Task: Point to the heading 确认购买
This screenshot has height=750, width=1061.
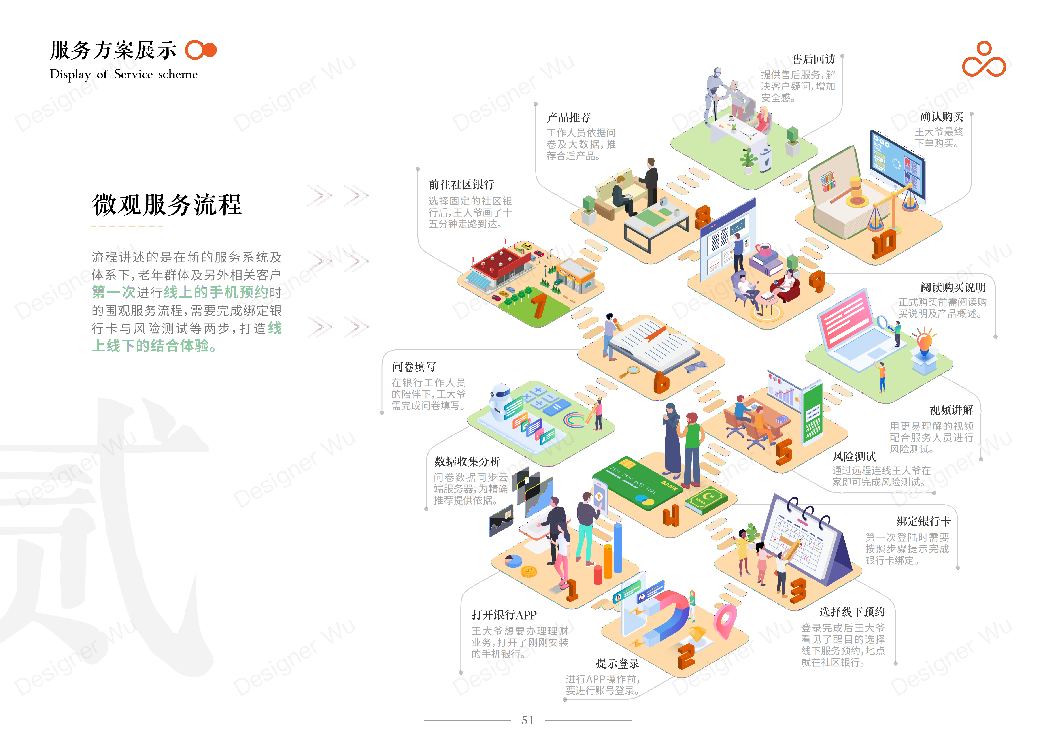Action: tap(941, 117)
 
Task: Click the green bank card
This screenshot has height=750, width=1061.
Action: tap(638, 483)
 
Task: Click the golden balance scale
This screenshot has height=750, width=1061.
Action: tap(892, 208)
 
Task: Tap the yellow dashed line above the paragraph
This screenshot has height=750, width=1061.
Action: tap(127, 226)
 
